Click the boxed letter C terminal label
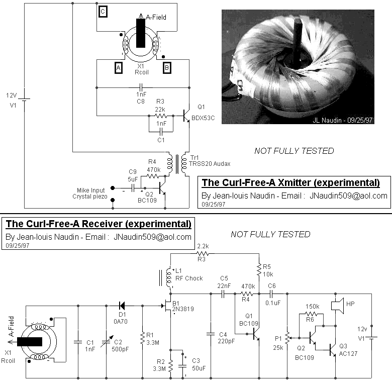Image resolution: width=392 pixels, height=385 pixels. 103,12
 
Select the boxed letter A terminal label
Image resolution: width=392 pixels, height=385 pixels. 119,67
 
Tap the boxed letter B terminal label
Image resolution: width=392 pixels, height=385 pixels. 166,67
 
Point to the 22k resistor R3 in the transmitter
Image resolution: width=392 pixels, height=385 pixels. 160,115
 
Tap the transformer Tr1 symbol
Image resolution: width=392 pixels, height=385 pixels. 177,162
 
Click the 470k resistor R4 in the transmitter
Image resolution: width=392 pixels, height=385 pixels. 153,176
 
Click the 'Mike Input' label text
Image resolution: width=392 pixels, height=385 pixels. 91,190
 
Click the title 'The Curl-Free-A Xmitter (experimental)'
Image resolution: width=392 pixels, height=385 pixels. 290,182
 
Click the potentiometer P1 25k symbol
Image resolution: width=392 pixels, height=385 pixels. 287,336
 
